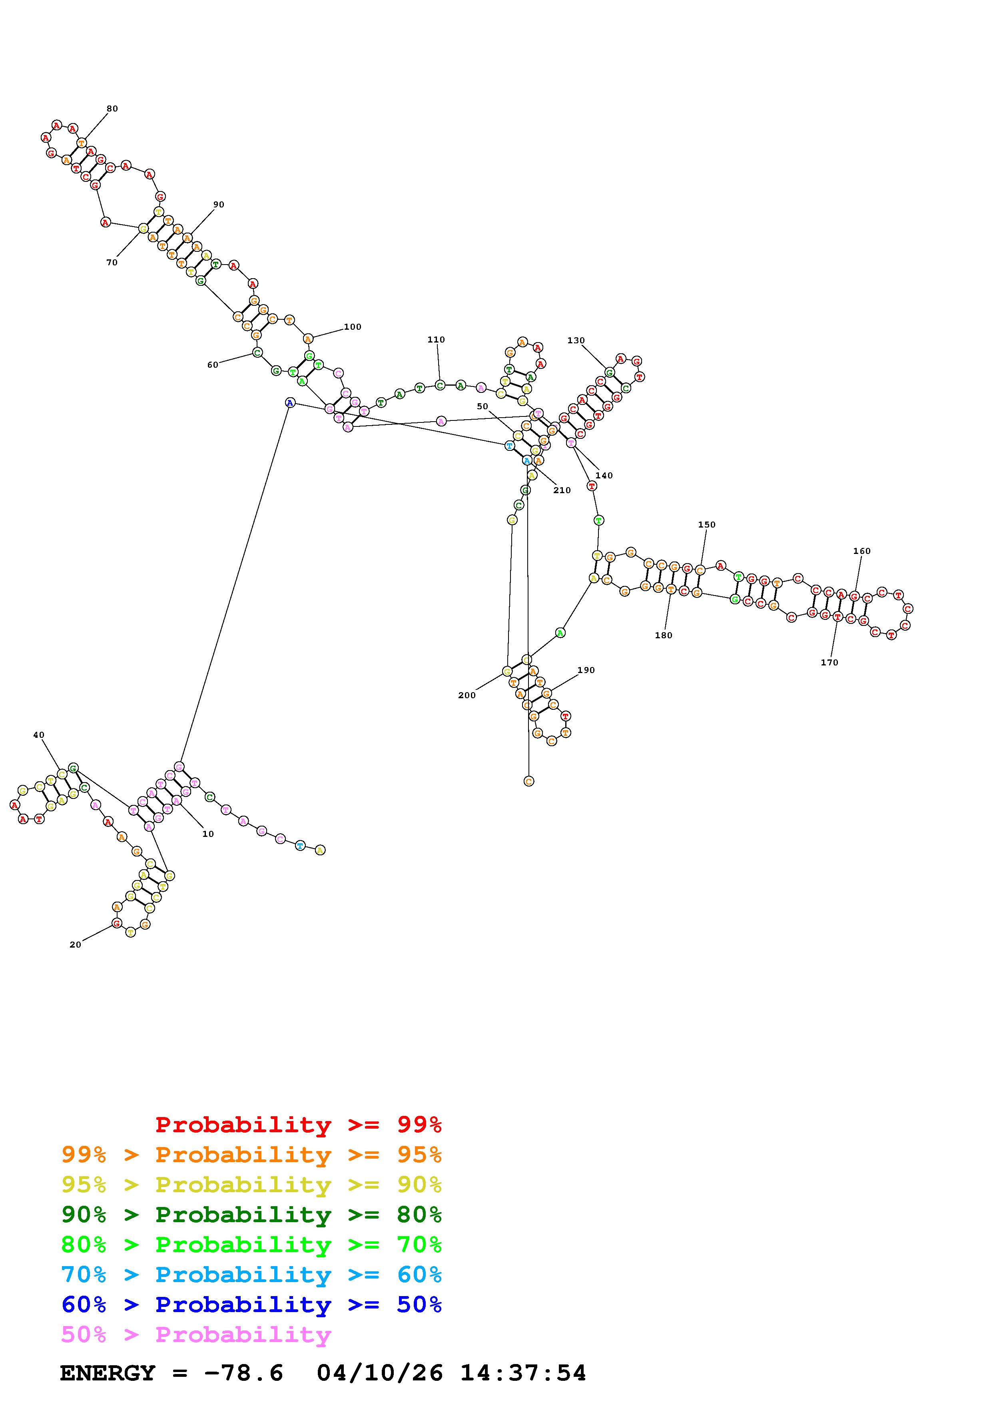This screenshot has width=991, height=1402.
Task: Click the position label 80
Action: click(112, 109)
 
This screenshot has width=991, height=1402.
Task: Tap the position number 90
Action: click(219, 205)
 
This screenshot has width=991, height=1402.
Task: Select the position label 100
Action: click(352, 327)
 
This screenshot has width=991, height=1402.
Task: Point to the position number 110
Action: click(436, 339)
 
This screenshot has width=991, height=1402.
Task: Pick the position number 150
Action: click(706, 524)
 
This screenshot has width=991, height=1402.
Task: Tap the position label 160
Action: click(861, 551)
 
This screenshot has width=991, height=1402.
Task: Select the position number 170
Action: click(829, 663)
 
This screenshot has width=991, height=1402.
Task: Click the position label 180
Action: click(663, 635)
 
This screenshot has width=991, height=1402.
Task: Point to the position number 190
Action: click(586, 670)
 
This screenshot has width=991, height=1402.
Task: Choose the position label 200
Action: click(467, 695)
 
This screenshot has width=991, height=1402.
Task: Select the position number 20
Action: click(75, 945)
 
